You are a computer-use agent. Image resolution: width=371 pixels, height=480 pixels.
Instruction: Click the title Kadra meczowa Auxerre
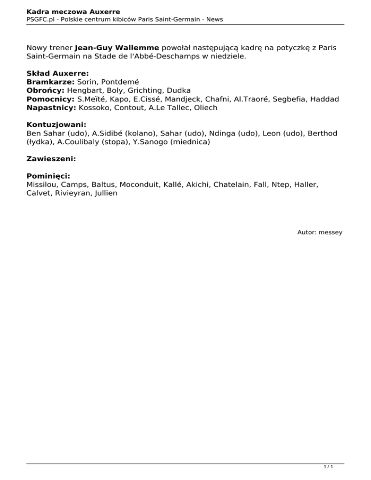[73, 11]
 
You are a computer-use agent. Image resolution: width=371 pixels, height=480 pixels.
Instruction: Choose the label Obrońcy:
[46, 90]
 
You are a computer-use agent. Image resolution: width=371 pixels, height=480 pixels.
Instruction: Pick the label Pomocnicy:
[51, 99]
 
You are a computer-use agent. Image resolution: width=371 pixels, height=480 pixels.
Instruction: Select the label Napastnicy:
[52, 108]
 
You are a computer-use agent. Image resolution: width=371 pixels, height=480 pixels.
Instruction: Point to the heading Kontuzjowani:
[56, 124]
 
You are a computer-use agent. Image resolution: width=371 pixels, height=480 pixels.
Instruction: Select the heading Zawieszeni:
[51, 158]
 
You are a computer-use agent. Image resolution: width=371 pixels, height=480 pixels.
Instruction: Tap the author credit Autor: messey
[319, 232]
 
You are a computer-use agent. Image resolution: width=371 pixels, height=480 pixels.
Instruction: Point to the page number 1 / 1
[328, 467]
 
